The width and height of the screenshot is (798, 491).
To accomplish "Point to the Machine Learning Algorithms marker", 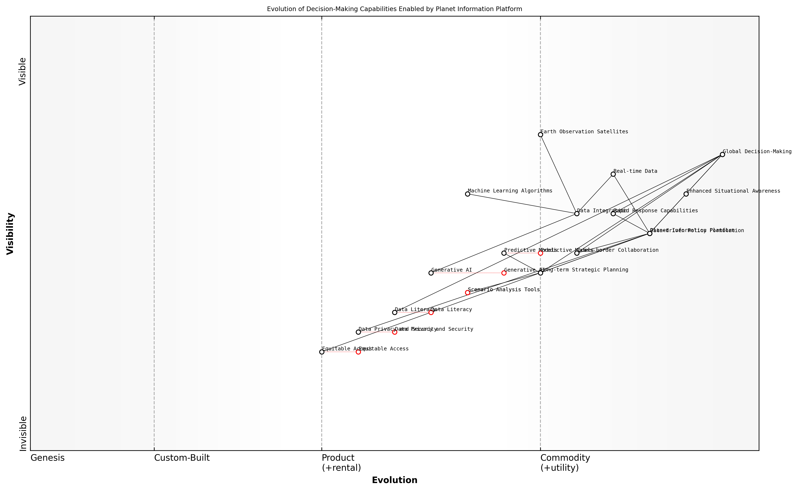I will click(x=468, y=194).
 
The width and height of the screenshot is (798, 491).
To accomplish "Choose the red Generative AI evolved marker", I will click(x=504, y=273).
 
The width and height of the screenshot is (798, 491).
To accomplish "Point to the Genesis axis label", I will click(x=47, y=458).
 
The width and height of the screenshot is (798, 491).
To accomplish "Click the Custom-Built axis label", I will click(x=182, y=458).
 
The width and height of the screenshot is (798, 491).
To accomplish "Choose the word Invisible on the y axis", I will click(x=23, y=434).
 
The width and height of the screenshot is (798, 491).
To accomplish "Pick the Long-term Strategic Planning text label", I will click(x=584, y=270).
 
